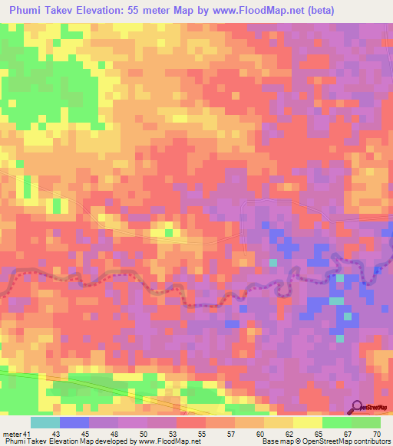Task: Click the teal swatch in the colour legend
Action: pos(45,422)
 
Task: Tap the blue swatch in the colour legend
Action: pos(74,422)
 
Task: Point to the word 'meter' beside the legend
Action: pos(12,435)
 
